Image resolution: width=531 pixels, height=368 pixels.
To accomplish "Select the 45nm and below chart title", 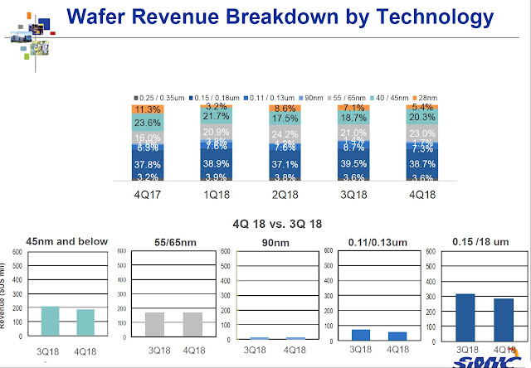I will point(66,242).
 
